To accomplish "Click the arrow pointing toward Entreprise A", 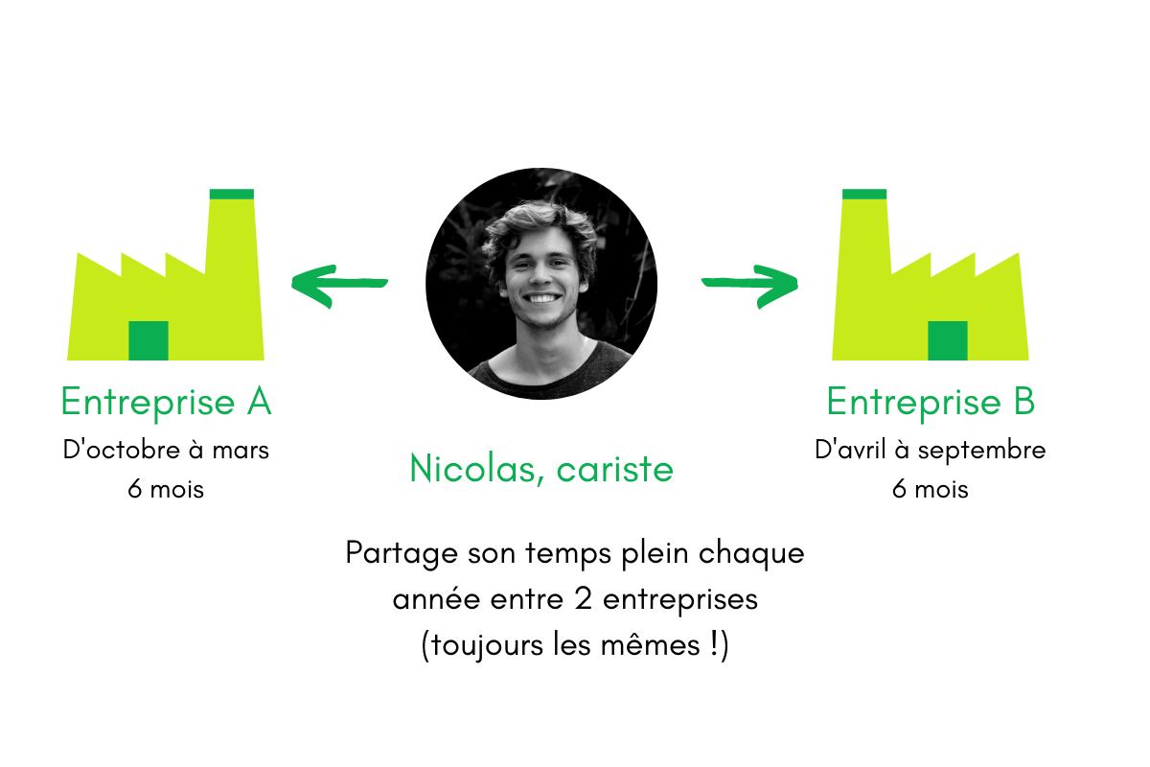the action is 339,284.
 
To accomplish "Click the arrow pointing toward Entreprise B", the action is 750,284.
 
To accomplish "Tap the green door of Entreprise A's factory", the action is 149,340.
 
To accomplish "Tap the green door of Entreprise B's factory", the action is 948,340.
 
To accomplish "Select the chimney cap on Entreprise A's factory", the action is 232,195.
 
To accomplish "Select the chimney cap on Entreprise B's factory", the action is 864,195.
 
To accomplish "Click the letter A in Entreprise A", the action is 260,401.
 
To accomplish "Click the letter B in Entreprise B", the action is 1024,401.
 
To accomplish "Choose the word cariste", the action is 615,470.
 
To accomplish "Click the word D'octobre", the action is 122,450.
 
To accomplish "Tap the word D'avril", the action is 850,450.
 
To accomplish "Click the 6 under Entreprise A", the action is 134,489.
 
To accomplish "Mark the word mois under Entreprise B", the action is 941,489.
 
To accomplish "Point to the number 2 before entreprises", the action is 584,599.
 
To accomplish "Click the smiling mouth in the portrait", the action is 542,298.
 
